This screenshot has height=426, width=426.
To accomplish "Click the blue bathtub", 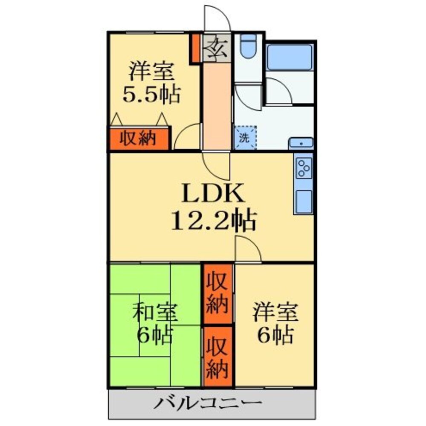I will [290, 56].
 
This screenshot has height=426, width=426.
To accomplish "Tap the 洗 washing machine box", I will [245, 138].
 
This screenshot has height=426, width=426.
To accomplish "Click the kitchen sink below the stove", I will [304, 201].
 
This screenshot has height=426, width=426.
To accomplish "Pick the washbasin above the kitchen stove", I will [301, 143].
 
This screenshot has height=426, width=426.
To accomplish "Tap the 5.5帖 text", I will [151, 94].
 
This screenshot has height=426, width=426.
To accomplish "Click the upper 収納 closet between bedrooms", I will [217, 294].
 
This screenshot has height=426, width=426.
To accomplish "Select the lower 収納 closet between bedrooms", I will [217, 357].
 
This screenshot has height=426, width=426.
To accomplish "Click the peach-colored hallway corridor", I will [217, 106].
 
